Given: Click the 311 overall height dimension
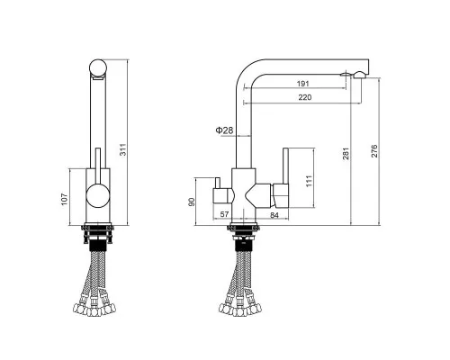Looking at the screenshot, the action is click(x=123, y=149).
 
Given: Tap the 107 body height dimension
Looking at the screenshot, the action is click(x=65, y=200).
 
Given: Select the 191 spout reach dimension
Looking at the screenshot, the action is click(x=302, y=84).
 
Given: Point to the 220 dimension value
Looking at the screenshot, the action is click(x=305, y=97).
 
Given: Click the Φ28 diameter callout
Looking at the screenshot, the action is click(x=224, y=130).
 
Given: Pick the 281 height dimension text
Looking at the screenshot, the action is click(x=346, y=153).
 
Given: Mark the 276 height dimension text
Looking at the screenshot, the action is click(x=374, y=151).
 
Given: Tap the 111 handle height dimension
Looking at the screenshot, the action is click(x=309, y=181).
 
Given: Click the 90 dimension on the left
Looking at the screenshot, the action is click(x=192, y=202).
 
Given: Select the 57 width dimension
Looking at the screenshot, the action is click(x=224, y=214).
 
